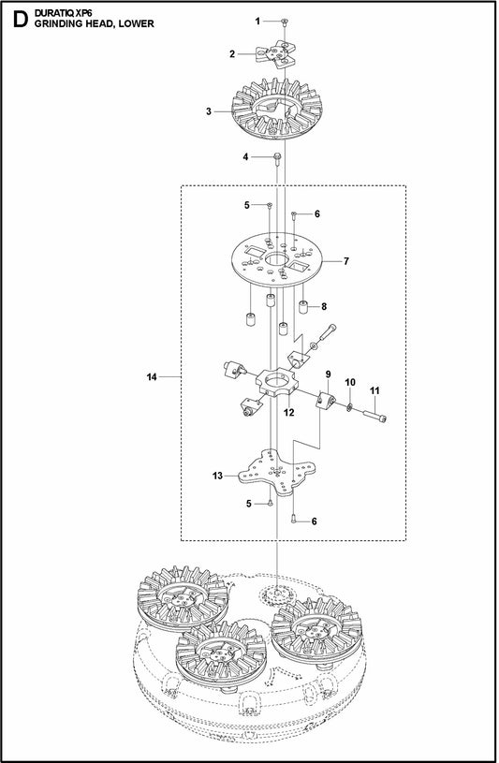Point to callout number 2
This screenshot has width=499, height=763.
click(x=231, y=54)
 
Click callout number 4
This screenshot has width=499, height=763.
click(x=244, y=156)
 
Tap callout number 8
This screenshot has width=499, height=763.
click(x=324, y=306)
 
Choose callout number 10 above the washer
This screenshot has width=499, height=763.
click(x=350, y=383)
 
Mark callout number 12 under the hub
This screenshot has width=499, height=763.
click(x=289, y=412)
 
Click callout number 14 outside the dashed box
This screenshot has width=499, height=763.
click(x=151, y=377)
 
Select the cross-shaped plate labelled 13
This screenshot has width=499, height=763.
click(x=276, y=477)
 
